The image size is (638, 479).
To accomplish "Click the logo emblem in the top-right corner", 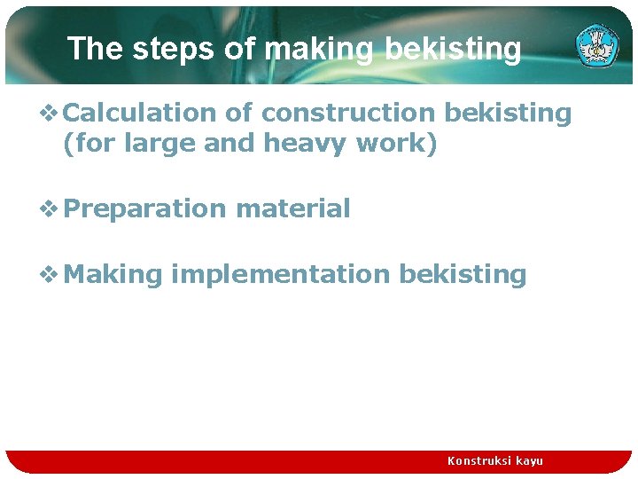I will click(x=597, y=46).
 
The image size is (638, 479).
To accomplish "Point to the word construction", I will click(x=347, y=114).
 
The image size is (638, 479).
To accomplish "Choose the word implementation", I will click(x=280, y=275).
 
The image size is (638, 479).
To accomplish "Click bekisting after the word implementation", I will click(x=463, y=275).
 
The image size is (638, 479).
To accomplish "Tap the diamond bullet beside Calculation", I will click(x=50, y=114).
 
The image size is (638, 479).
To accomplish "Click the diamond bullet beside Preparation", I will click(x=50, y=209).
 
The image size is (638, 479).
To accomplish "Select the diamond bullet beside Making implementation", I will click(x=50, y=275).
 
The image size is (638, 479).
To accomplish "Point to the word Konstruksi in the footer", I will click(x=478, y=461).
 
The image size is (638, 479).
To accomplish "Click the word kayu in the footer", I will click(x=529, y=461).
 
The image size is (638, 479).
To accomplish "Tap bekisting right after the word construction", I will click(x=508, y=114).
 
